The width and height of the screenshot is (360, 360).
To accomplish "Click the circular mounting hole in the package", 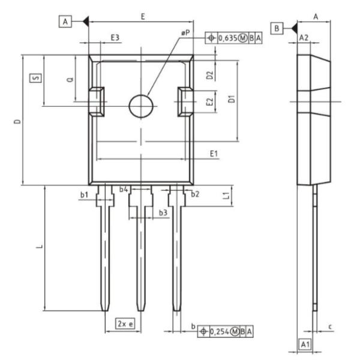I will coord(142,106).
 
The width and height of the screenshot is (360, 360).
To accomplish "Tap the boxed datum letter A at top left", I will coord(65,22).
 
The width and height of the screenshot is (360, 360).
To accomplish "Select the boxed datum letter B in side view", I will coord(277,28).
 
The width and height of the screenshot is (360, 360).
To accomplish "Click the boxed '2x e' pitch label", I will coord(125,323).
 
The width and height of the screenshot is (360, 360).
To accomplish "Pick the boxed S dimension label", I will coord(35,78).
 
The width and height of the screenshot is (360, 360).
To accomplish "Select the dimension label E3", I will coord(115,38).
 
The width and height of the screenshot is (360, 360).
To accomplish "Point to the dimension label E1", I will coord(214,154).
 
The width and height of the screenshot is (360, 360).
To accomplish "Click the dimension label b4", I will coord(124,190).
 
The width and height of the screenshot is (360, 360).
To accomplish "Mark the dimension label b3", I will coord(163,212).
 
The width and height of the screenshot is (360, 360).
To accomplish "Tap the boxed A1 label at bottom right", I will coord(305,344).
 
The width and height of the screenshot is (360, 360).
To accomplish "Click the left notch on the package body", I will coord(97,100).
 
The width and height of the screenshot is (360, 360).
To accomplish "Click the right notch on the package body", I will coord(186,100).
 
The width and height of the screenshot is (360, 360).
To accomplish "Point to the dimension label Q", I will coord(70,79).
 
